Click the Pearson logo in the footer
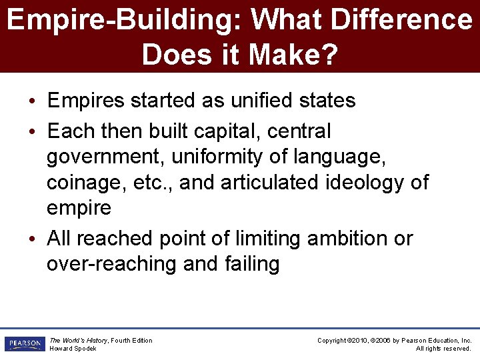[x=25, y=344]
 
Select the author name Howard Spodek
[x=73, y=349]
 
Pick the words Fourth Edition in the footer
[x=131, y=341]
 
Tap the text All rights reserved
[x=443, y=349]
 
